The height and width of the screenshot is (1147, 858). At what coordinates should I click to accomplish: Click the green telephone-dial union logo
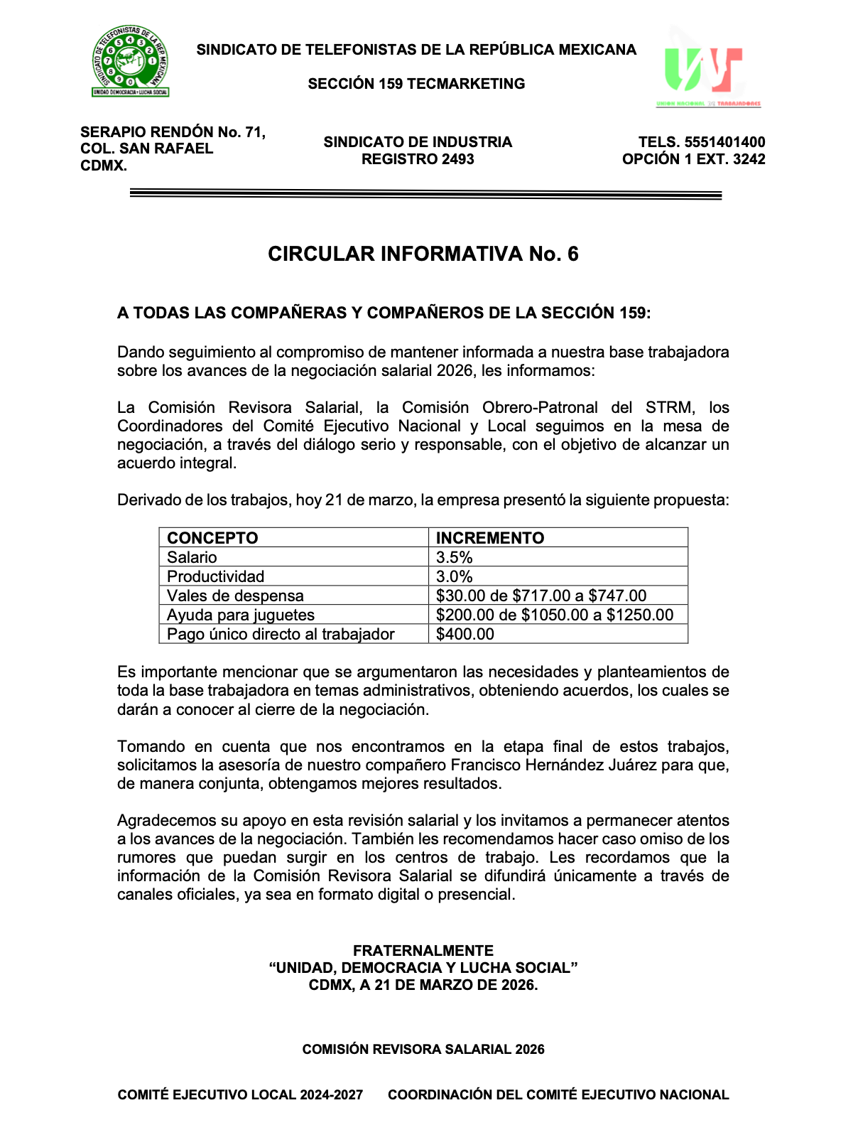click(x=130, y=61)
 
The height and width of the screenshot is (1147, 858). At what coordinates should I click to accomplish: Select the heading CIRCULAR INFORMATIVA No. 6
click(x=423, y=254)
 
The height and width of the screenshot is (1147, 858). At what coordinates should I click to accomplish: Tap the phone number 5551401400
click(x=724, y=142)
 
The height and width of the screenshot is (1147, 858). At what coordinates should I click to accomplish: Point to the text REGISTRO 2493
click(x=418, y=159)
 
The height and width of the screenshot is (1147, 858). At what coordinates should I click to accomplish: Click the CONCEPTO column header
click(x=212, y=538)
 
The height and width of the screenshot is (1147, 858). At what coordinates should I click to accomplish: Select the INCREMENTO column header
click(x=490, y=538)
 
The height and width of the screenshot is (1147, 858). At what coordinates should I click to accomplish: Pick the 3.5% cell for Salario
click(x=455, y=557)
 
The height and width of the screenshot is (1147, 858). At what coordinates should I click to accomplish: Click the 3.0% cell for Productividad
click(x=455, y=576)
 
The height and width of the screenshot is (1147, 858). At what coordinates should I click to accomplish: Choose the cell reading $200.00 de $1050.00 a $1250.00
click(x=555, y=615)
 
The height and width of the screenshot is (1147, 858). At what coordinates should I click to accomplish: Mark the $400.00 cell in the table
click(x=465, y=634)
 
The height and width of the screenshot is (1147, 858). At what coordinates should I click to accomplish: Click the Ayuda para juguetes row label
click(x=241, y=615)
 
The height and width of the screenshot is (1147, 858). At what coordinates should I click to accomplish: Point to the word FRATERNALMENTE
click(x=423, y=951)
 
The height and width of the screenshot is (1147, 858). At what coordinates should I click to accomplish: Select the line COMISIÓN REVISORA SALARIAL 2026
click(x=423, y=1050)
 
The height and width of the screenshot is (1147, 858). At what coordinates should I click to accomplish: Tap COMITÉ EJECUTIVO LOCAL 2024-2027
click(x=240, y=1095)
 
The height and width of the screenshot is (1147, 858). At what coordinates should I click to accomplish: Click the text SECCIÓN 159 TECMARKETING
click(x=416, y=84)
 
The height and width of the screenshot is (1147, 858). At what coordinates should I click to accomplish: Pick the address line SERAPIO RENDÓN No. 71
click(x=173, y=132)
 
